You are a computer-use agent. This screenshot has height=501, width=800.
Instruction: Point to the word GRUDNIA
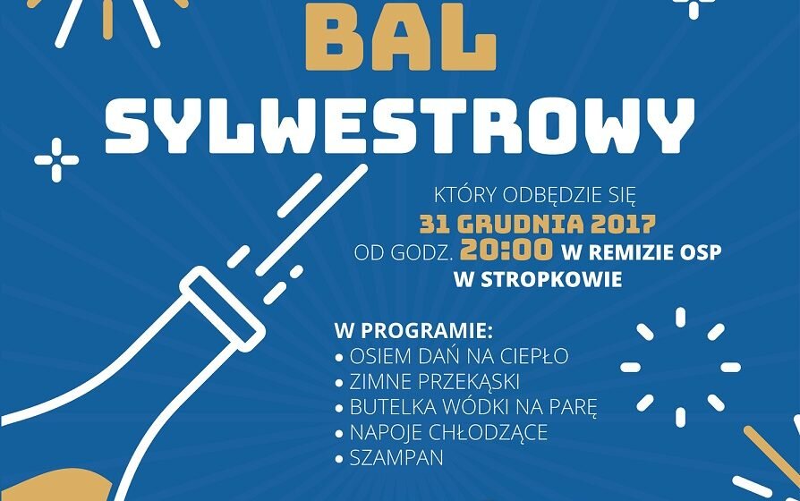518,224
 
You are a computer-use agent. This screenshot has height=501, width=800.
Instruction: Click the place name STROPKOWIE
551,280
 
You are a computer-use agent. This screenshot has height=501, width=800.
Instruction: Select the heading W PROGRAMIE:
413,331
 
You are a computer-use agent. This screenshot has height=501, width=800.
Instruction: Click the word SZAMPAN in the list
396,458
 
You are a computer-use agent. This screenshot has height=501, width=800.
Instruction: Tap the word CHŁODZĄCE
489,432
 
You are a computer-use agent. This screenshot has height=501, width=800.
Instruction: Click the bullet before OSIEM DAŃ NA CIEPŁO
339,358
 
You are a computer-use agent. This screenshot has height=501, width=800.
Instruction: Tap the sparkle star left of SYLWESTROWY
56,160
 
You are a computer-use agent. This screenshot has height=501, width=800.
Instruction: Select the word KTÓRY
466,195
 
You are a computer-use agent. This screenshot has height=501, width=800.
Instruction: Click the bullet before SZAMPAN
339,460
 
